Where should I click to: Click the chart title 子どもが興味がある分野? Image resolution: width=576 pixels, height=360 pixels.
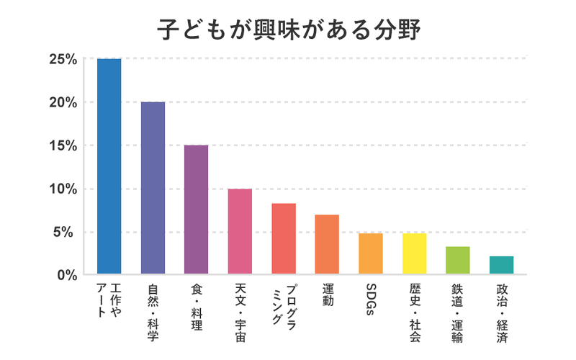click(288, 30)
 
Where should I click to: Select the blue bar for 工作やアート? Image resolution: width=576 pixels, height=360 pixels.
click(109, 166)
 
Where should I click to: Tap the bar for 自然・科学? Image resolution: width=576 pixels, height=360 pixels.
click(153, 188)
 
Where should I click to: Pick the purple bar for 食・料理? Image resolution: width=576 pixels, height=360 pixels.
click(197, 210)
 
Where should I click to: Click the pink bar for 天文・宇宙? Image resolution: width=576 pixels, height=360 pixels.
click(240, 232)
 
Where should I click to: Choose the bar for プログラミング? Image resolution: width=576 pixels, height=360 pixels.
click(284, 239)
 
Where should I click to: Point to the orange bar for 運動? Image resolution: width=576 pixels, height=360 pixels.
click(327, 245)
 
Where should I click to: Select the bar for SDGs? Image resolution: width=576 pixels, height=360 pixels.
click(371, 254)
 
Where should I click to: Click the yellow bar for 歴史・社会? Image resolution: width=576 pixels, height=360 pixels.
click(414, 254)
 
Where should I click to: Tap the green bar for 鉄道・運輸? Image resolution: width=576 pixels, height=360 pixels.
click(458, 261)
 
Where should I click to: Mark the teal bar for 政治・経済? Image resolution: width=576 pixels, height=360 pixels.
click(501, 265)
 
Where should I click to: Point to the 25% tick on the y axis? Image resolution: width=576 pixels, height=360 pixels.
click(63, 58)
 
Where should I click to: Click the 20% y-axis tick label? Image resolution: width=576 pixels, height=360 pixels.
click(63, 102)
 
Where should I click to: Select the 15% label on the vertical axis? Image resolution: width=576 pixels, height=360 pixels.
click(63, 145)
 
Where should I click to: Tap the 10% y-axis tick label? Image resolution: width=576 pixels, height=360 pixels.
click(63, 189)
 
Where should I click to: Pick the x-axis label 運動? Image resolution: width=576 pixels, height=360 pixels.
click(328, 296)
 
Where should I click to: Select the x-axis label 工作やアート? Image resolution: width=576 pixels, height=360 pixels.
click(109, 301)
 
